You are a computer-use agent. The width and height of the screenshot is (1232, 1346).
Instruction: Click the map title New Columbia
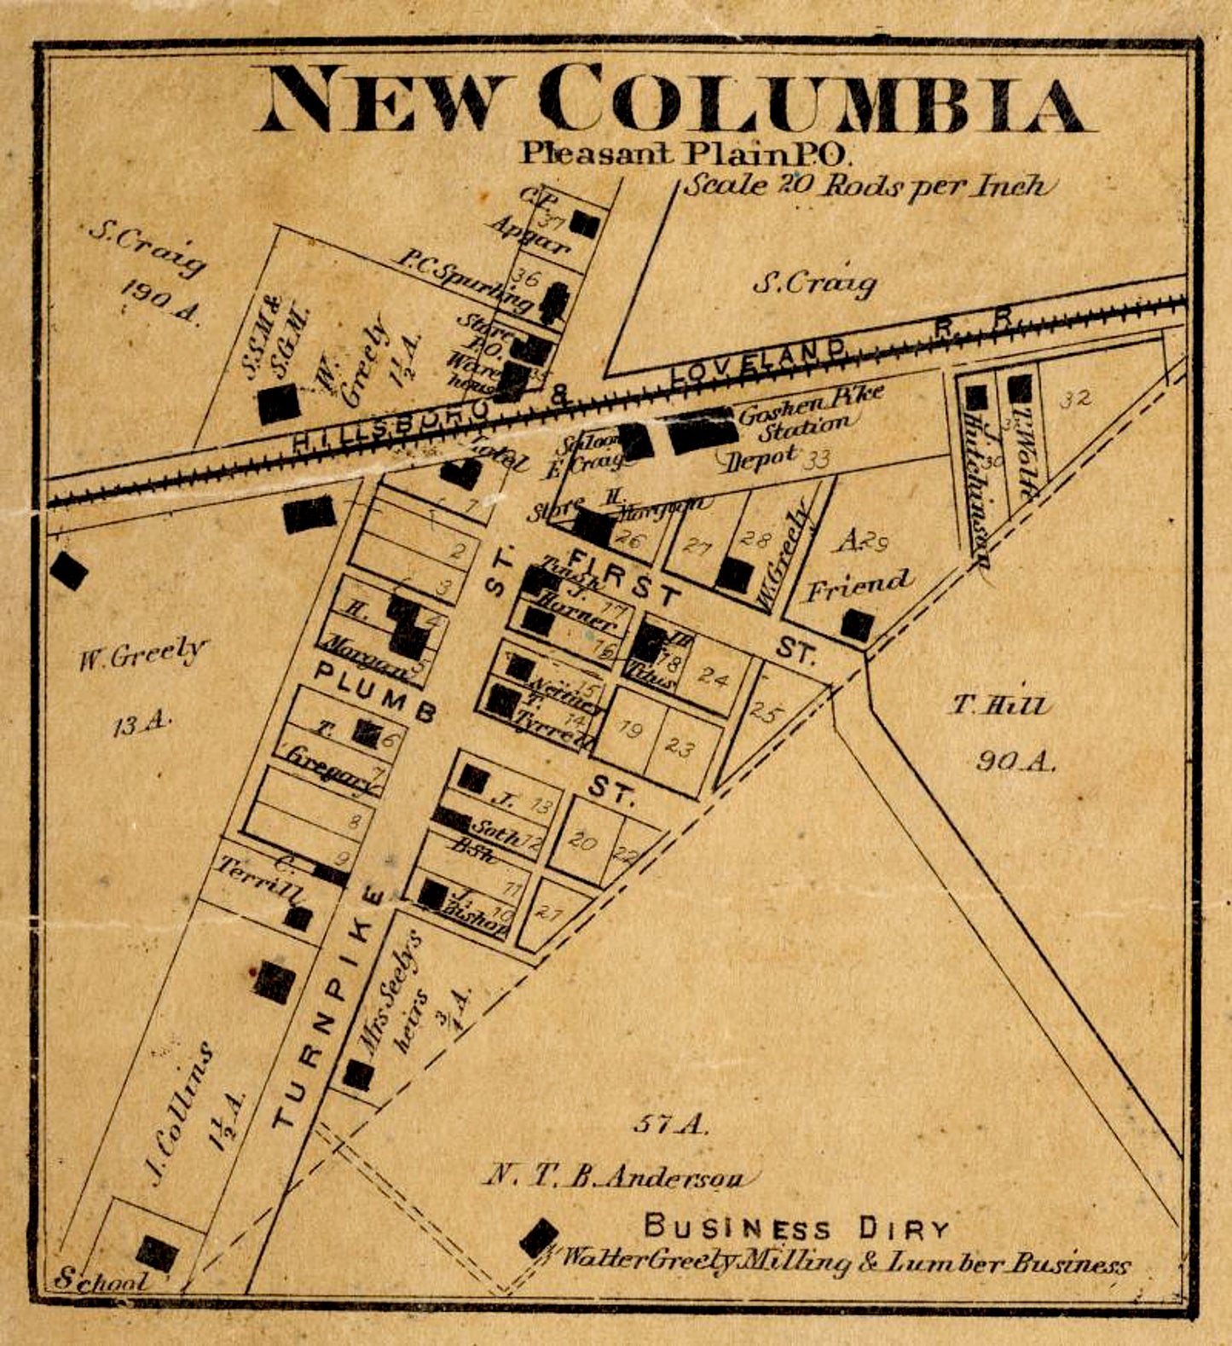[674, 101]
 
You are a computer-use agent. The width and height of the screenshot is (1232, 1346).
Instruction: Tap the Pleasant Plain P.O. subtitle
[685, 154]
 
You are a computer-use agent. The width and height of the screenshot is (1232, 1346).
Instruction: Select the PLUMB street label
[375, 691]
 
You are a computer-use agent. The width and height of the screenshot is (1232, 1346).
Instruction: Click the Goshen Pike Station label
[810, 407]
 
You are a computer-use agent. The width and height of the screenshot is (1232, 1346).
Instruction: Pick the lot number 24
[713, 676]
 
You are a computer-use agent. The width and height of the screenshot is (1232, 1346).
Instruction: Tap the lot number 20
[582, 841]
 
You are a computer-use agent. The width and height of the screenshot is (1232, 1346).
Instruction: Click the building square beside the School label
[158, 1253]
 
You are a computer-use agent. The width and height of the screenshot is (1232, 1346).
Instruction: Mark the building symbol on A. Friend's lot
[857, 625]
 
